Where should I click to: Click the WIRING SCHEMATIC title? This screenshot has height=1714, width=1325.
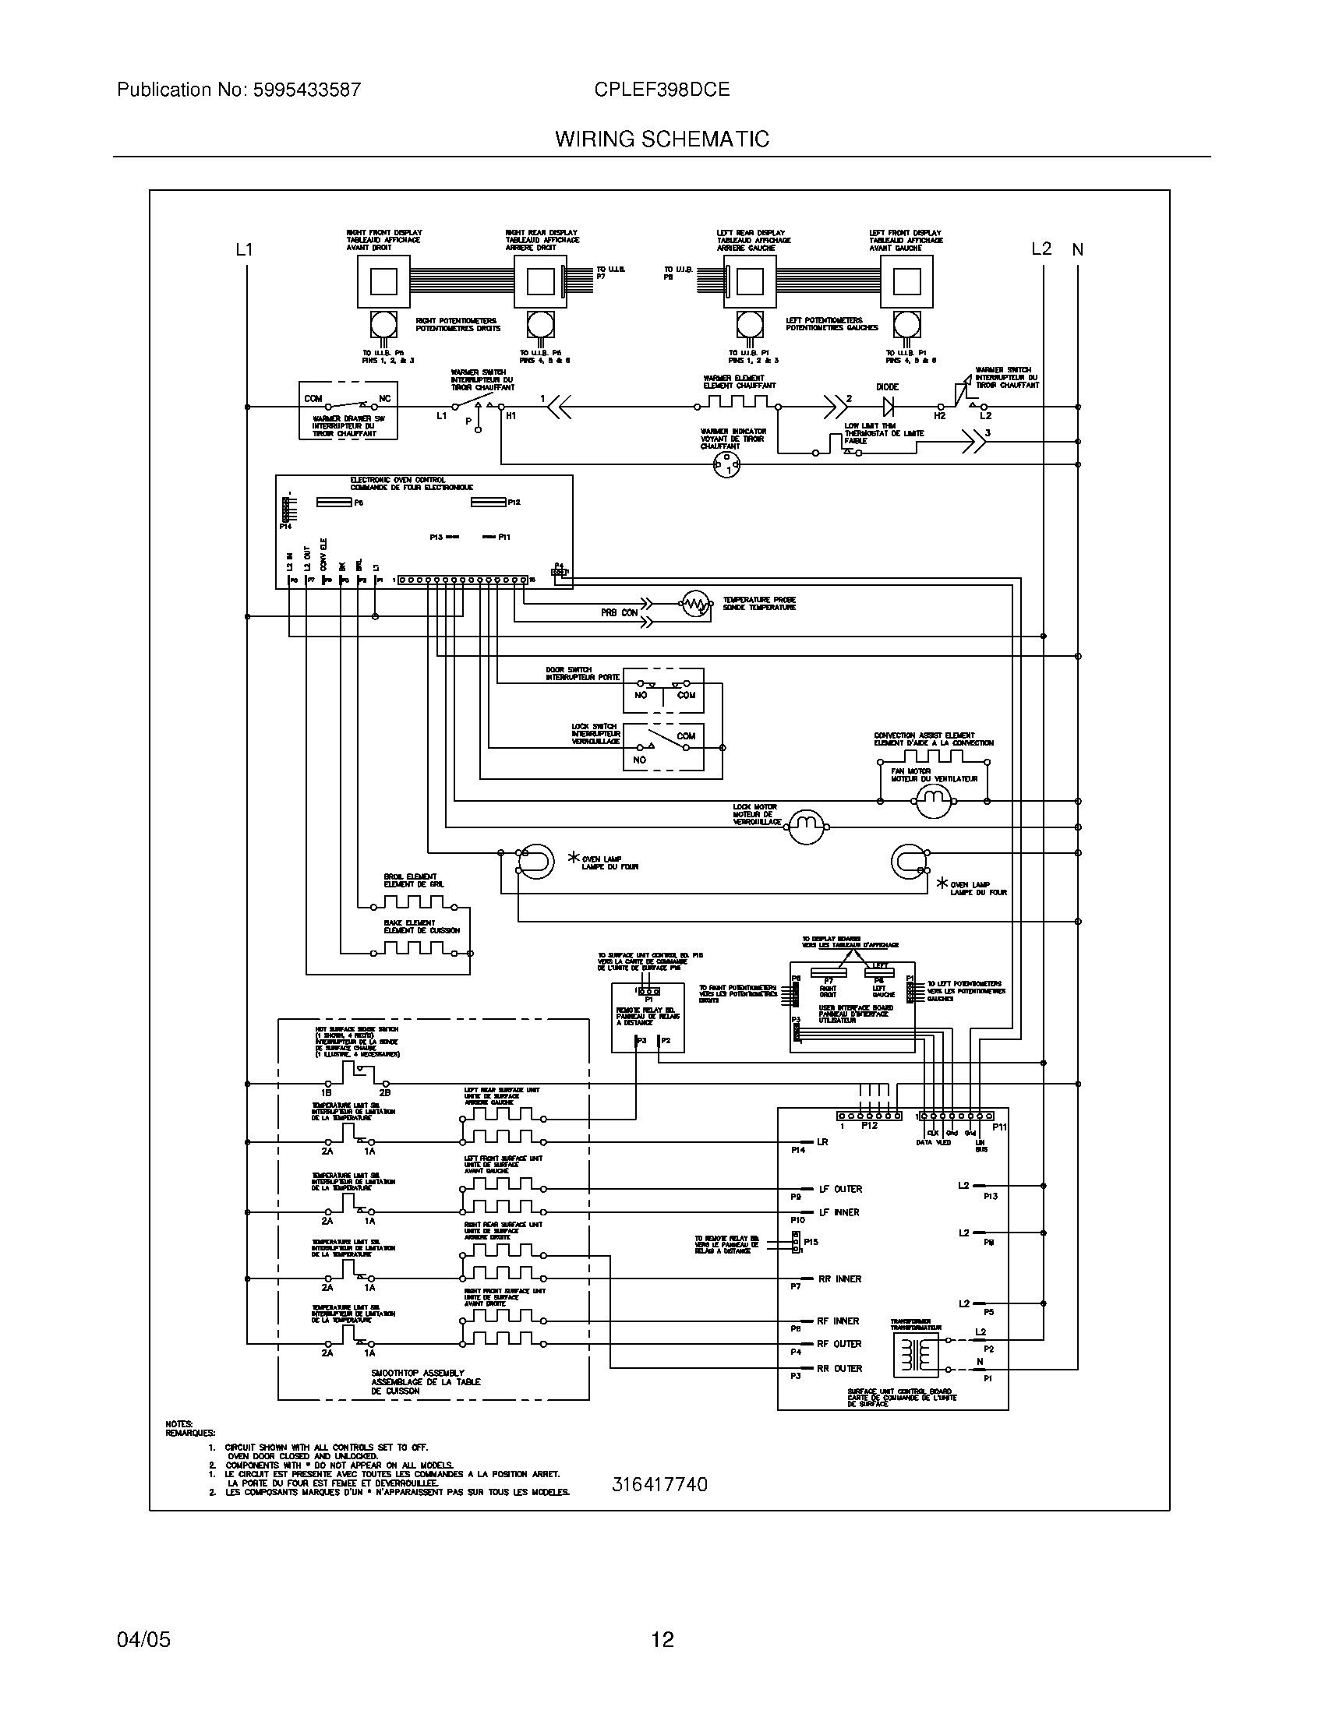pyautogui.click(x=662, y=139)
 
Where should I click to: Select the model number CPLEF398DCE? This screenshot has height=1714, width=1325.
pyautogui.click(x=662, y=90)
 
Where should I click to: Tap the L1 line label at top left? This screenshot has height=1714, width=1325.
pyautogui.click(x=245, y=249)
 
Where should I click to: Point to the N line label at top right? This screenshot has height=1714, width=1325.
pyautogui.click(x=1078, y=249)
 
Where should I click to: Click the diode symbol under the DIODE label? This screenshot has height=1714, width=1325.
pyautogui.click(x=889, y=407)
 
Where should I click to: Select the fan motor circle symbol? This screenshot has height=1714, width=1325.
pyautogui.click(x=933, y=799)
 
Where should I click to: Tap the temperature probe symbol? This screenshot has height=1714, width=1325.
pyautogui.click(x=694, y=604)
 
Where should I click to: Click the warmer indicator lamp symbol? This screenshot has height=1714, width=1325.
pyautogui.click(x=726, y=465)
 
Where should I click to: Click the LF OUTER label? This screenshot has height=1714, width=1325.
pyautogui.click(x=840, y=1189)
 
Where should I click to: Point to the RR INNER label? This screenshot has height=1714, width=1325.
pyautogui.click(x=839, y=1278)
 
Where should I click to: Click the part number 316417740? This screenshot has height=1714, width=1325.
pyautogui.click(x=659, y=1484)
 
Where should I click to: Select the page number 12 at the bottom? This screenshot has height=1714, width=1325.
pyautogui.click(x=662, y=1639)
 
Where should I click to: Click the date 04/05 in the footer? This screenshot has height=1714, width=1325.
pyautogui.click(x=143, y=1639)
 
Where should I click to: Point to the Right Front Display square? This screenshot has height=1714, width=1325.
pyautogui.click(x=383, y=281)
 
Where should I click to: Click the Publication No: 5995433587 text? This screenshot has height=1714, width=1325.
pyautogui.click(x=238, y=90)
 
